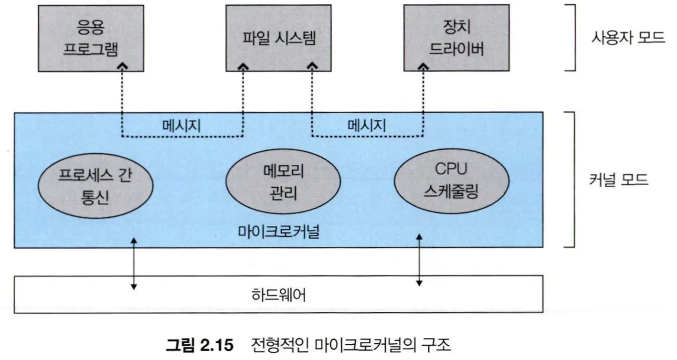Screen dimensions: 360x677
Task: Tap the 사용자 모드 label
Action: click(627, 38)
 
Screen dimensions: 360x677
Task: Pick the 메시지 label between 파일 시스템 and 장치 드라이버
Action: click(367, 126)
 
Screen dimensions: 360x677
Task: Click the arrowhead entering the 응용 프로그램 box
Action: click(123, 66)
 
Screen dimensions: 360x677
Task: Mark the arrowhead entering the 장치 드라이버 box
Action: click(424, 66)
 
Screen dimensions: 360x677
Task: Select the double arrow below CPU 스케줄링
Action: click(419, 260)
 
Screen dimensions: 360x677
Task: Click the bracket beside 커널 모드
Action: click(571, 180)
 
